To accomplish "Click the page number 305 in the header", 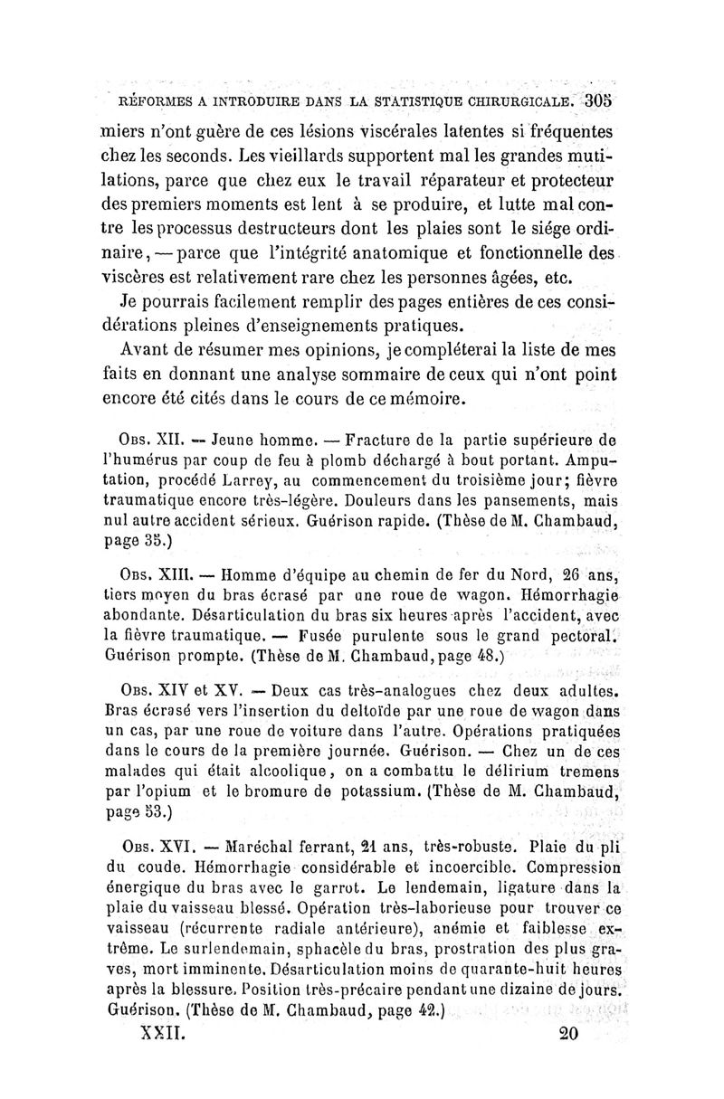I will (x=598, y=99).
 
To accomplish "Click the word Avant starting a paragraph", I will (x=149, y=348).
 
